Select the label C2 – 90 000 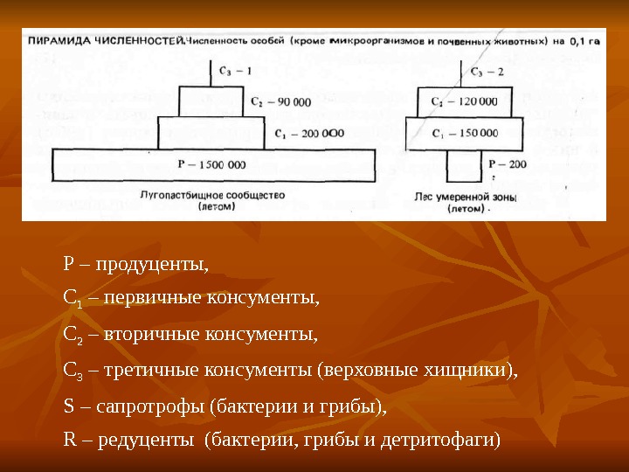click(280, 101)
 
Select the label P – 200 click(508, 164)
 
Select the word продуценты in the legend click(152, 263)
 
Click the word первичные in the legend click(151, 299)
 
